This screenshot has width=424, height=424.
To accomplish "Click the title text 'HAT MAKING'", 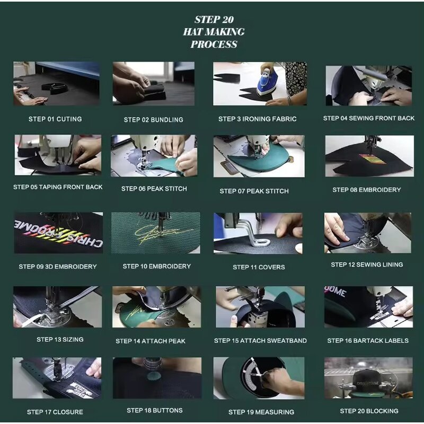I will [x=214, y=32].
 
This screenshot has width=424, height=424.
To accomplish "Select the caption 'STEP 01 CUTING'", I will [x=55, y=119].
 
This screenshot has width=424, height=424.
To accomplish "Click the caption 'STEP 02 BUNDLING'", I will [x=153, y=120].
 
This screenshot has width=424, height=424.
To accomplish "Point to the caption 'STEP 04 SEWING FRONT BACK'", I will [x=369, y=118].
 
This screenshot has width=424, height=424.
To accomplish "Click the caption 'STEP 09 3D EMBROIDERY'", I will [x=58, y=267].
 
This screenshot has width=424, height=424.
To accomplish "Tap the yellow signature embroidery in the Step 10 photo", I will [x=154, y=233].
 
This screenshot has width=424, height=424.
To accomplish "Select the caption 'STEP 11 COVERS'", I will [x=259, y=267].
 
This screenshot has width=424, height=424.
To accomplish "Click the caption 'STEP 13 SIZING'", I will [x=60, y=339].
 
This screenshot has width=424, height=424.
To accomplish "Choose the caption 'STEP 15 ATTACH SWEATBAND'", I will [x=260, y=341].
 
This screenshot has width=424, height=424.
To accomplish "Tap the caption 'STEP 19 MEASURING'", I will [x=261, y=412].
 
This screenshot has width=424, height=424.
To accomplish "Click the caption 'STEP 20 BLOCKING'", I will [x=369, y=411].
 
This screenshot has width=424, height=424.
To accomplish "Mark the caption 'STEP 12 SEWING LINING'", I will [x=367, y=264].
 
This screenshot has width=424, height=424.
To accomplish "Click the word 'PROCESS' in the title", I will [x=214, y=45].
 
